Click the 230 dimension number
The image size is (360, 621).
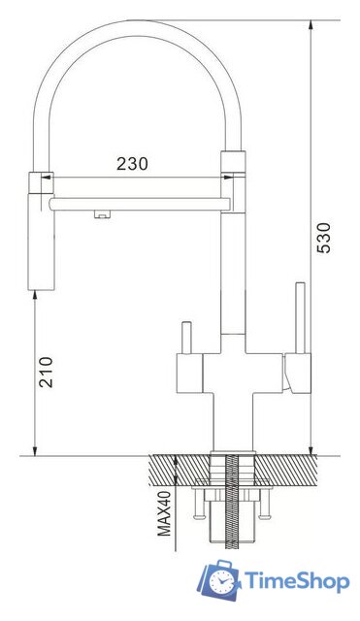click(x=132, y=164)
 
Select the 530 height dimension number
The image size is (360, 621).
click(x=324, y=238)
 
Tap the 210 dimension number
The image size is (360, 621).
click(x=47, y=372)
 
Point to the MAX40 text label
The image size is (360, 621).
click(x=164, y=513)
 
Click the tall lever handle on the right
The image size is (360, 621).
click(x=301, y=317)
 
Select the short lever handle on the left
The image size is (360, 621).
click(x=186, y=338)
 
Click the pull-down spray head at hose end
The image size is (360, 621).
click(x=41, y=231)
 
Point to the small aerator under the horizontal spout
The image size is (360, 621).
click(x=102, y=214)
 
